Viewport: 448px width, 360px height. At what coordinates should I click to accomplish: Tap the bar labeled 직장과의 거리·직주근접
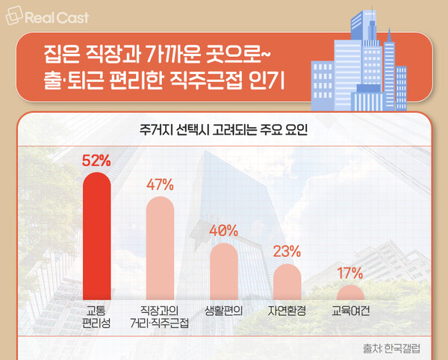tap(160, 246)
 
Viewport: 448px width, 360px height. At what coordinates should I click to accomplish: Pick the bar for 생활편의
tap(223, 270)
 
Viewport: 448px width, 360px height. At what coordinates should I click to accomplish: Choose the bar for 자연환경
tap(287, 281)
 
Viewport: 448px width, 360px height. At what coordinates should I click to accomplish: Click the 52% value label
tap(96, 160)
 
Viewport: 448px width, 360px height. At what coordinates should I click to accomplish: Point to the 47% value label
tap(160, 184)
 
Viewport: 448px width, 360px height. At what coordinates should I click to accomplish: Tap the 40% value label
tap(223, 231)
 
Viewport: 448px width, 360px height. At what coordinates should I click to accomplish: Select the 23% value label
tap(287, 251)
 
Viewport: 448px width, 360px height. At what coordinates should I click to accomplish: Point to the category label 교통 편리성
tap(96, 316)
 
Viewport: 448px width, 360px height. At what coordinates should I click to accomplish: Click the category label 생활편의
tap(223, 310)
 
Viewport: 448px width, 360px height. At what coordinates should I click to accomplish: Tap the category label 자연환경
tap(287, 310)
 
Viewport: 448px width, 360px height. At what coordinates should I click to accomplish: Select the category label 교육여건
tap(349, 310)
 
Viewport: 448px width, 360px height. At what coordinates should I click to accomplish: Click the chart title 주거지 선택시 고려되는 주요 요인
tap(223, 128)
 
